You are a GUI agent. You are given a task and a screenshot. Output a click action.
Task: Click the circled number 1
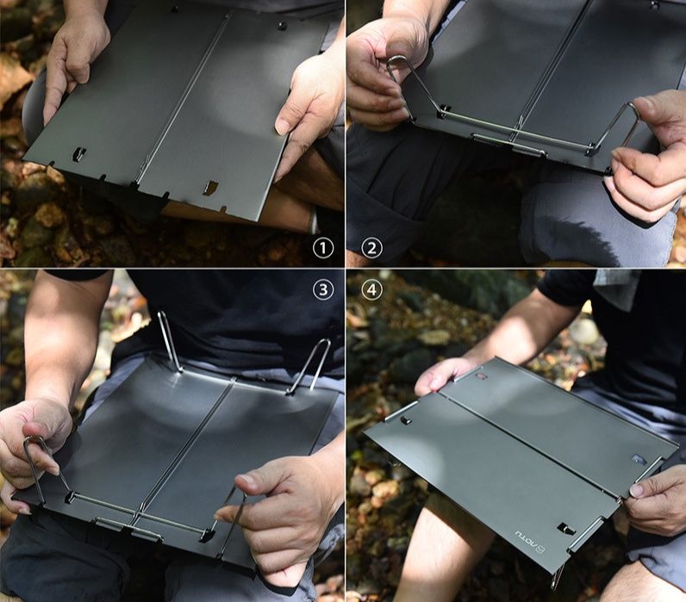click(322, 249)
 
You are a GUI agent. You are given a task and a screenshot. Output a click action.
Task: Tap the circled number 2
click(371, 249)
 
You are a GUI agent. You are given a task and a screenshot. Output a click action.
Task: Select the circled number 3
click(322, 289)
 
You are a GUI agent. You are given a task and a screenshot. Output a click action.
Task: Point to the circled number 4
click(371, 289)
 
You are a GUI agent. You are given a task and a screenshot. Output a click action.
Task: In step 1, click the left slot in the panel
click(79, 154)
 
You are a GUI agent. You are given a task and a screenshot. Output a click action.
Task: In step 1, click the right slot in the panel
click(210, 187)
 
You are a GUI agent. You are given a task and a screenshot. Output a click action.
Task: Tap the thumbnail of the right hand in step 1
click(282, 126)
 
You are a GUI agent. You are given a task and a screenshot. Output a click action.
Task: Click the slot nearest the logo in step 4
click(564, 528)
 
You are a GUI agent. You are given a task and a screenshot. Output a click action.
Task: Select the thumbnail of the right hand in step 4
click(636, 490)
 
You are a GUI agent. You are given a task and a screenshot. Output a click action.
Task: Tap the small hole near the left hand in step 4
click(480, 375)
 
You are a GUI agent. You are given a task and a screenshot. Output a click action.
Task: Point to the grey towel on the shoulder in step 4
click(615, 289)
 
